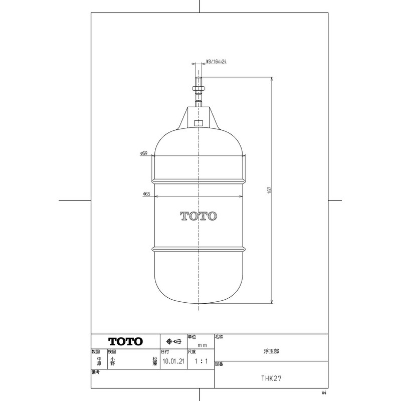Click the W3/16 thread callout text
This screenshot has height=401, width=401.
pyautogui.click(x=218, y=63)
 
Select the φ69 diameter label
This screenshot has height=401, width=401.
pyautogui.click(x=144, y=154)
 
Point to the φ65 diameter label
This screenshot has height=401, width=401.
pyautogui.click(x=146, y=193)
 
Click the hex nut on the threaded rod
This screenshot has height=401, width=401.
pyautogui.click(x=198, y=89)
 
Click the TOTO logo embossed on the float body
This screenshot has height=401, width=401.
pyautogui.click(x=198, y=216)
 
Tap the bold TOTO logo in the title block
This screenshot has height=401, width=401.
pyautogui.click(x=126, y=341)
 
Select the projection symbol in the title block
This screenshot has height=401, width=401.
pyautogui.click(x=173, y=341)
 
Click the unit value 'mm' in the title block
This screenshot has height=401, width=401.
pyautogui.click(x=203, y=345)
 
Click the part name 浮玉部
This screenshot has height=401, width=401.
pyautogui.click(x=271, y=351)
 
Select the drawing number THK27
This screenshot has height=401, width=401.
pyautogui.click(x=271, y=379)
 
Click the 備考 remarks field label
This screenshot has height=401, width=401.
pyautogui.click(x=96, y=373)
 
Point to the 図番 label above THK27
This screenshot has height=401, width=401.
pyautogui.click(x=219, y=363)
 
